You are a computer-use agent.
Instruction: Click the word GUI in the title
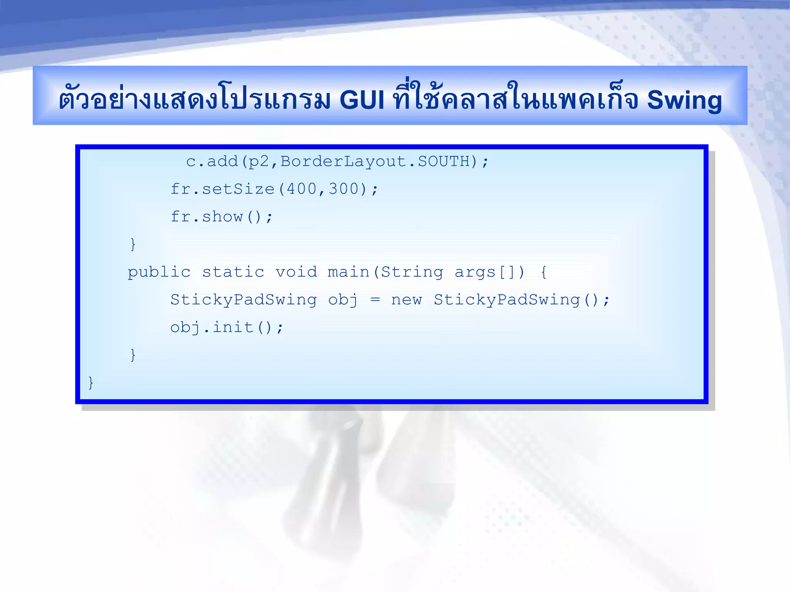[x=362, y=100]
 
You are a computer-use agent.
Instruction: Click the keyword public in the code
[x=159, y=272]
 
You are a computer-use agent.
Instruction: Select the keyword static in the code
[x=233, y=272]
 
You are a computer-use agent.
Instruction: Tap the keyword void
[x=296, y=272]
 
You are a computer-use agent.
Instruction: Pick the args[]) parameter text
[x=490, y=272]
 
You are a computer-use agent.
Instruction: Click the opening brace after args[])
[x=544, y=272]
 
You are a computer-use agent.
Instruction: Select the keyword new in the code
[x=407, y=300]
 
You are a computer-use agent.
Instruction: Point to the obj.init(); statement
[x=227, y=328]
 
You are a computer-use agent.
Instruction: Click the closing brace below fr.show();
[x=133, y=244]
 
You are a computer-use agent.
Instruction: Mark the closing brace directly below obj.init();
[x=133, y=355]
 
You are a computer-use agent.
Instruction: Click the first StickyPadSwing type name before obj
[x=243, y=300]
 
